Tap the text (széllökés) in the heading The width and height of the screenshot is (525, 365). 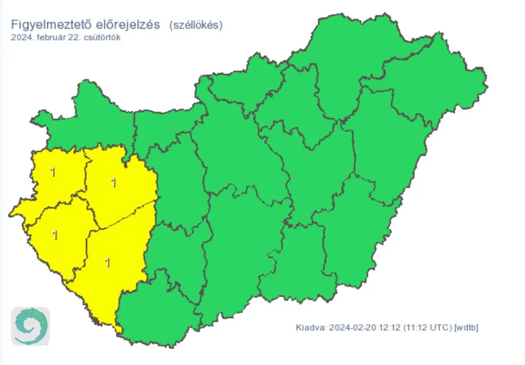[x=196, y=25]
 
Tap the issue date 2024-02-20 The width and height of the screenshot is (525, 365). [x=351, y=328]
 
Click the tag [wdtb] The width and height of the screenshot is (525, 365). [x=467, y=328]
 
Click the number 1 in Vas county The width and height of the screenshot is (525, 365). [x=53, y=172]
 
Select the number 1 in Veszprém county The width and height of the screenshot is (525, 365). [x=113, y=182]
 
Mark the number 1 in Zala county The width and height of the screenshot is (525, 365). [x=55, y=235]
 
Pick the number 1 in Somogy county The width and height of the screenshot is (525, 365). [x=108, y=263]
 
